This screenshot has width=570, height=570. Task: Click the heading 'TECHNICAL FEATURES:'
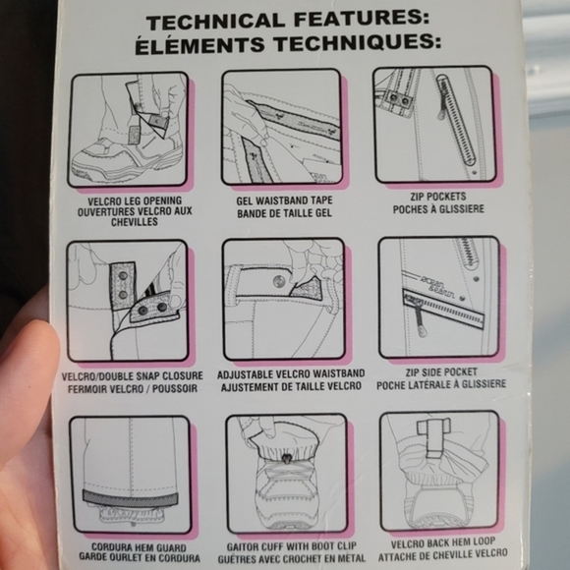pyautogui.click(x=288, y=20)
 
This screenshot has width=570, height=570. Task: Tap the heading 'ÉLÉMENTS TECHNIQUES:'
pyautogui.click(x=288, y=44)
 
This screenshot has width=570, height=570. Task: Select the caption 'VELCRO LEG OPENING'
pyautogui.click(x=135, y=201)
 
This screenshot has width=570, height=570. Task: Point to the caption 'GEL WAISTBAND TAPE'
pyautogui.click(x=284, y=200)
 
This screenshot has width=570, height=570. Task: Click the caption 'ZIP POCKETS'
pyautogui.click(x=438, y=197)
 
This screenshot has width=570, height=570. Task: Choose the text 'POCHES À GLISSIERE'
pyautogui.click(x=438, y=209)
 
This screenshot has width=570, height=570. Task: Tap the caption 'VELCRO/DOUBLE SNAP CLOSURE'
pyautogui.click(x=133, y=375)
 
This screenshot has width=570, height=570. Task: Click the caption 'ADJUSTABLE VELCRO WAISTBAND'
pyautogui.click(x=291, y=374)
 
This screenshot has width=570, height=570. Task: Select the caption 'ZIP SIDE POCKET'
pyautogui.click(x=441, y=371)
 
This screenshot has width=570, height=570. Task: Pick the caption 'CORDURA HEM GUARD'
pyautogui.click(x=139, y=547)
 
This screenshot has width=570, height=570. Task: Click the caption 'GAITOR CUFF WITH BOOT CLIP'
pyautogui.click(x=292, y=546)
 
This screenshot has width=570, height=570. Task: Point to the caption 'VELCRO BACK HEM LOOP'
pyautogui.click(x=443, y=542)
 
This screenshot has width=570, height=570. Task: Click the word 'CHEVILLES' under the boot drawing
pyautogui.click(x=135, y=222)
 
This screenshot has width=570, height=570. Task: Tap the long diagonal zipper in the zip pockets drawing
pyautogui.click(x=456, y=120)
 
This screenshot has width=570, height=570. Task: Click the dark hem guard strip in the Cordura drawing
pyautogui.click(x=130, y=499)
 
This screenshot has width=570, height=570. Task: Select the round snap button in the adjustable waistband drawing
pyautogui.click(x=279, y=281)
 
